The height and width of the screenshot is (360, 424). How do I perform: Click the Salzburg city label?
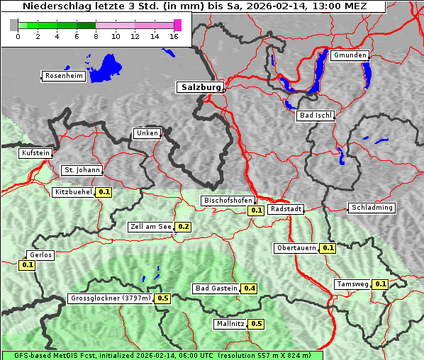point(200,87)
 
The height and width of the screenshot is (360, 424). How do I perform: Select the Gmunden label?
point(350,55)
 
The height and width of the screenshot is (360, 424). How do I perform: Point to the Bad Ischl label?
point(315,116)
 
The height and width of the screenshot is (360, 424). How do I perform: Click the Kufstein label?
point(35,153)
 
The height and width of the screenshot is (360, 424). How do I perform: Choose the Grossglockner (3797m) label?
point(111,298)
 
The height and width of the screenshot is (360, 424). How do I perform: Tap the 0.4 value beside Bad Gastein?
point(249,288)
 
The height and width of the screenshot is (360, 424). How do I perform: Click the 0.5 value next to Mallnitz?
point(256,324)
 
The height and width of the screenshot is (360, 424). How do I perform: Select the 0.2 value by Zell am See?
point(183,227)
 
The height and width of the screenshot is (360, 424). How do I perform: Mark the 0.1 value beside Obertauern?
point(328,248)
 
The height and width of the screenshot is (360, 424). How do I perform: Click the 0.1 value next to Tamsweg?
point(380,284)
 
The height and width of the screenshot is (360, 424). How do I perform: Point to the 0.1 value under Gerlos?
point(28,265)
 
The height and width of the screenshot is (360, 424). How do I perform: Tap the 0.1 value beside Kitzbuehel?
point(104,192)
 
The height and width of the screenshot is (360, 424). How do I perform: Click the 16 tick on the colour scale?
point(174,36)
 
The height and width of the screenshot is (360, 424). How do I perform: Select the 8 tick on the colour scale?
point(96,36)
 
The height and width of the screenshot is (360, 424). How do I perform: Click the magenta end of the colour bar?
point(177,25)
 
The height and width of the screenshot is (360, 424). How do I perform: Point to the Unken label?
point(147,133)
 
